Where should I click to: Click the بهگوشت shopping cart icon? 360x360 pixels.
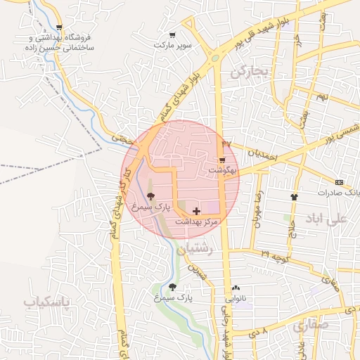(222, 161)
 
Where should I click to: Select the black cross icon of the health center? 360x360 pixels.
(195, 211)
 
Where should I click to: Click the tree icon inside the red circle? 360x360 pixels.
(151, 198)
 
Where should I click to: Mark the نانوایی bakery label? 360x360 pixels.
(236, 297)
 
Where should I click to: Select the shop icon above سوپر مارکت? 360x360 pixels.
(172, 34)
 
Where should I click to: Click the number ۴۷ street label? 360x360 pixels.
(226, 143)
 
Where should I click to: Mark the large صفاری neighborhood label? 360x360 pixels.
(310, 326)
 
